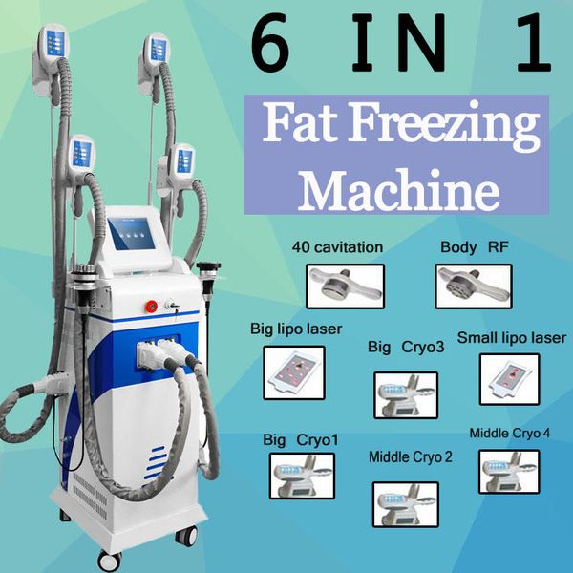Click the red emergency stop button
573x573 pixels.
click(151, 307)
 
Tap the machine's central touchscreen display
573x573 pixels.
click(132, 234)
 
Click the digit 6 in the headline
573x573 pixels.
click(271, 42)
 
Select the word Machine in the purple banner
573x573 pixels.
click(399, 190)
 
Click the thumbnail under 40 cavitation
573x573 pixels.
click(346, 286)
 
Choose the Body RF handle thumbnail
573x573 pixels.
click(474, 286)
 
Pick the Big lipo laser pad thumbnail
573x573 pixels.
click(294, 372)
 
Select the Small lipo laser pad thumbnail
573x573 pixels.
click(509, 379)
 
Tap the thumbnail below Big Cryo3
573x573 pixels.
click(406, 395)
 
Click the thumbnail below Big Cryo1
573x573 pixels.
click(302, 476)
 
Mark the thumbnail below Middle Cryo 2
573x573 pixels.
click(406, 504)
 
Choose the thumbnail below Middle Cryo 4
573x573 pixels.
click(509, 472)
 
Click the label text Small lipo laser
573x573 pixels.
click(512, 338)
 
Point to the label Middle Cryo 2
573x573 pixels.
click(411, 456)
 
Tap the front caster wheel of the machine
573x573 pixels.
click(110, 561)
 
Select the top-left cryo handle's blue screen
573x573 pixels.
click(55, 44)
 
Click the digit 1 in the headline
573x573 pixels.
click(534, 42)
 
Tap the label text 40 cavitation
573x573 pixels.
click(337, 247)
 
